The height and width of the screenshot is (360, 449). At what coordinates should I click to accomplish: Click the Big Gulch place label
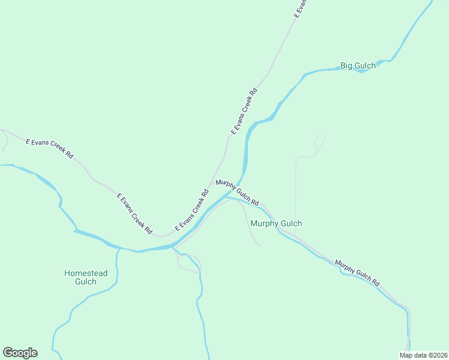(x=358, y=65)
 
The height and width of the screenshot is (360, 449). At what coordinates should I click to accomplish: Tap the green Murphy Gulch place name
(x=276, y=223)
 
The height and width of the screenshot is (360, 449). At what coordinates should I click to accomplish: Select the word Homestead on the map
(x=86, y=274)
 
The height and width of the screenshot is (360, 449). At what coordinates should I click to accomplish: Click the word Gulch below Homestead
(x=86, y=282)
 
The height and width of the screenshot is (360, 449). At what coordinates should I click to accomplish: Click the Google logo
(x=20, y=353)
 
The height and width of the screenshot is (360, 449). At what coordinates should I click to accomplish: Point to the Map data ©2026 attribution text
(x=423, y=355)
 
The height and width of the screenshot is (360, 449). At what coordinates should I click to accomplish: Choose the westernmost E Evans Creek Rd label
(x=49, y=148)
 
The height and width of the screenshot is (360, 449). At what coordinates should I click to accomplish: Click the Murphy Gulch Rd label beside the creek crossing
(x=237, y=191)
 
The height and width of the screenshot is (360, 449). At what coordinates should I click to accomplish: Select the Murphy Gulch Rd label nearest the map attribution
(x=358, y=273)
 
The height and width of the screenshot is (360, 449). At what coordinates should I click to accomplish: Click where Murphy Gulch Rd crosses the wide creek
(x=239, y=183)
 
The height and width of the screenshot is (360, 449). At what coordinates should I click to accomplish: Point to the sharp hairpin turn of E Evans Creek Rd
(x=161, y=236)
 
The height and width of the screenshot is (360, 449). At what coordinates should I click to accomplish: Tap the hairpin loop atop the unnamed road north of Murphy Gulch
(x=321, y=137)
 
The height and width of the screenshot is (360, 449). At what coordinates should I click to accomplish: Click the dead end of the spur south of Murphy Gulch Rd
(x=261, y=246)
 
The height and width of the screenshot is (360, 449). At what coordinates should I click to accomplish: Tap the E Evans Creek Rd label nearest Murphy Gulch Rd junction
(x=191, y=211)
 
